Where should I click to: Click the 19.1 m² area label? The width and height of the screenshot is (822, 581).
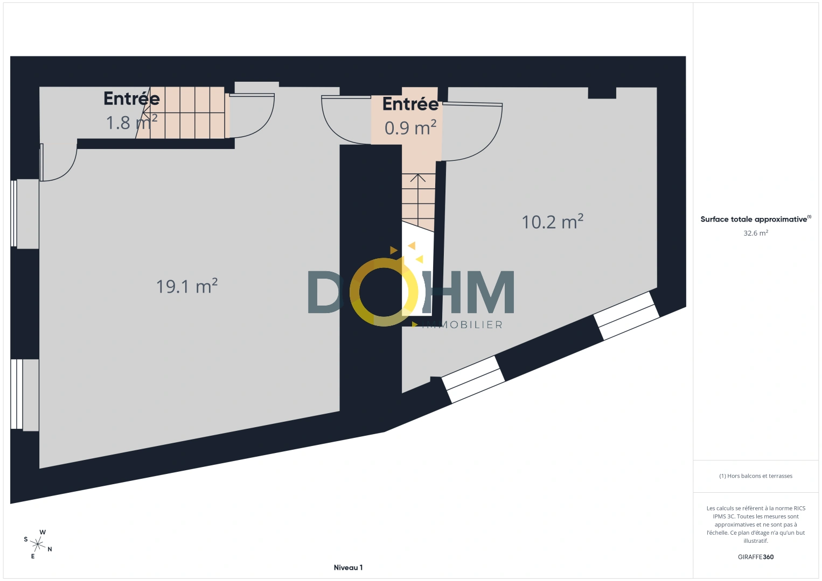coord(187,286)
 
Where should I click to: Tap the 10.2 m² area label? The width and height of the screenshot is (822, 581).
coord(552,222)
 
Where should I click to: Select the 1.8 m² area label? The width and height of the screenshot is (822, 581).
coord(132,122)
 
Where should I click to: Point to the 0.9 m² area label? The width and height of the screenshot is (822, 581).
coord(410,127)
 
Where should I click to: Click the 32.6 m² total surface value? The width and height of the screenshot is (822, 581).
coord(756,233)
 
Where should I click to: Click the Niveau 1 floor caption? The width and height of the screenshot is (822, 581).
coord(348,568)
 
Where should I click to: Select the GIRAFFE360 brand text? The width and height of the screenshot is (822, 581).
coord(756,557)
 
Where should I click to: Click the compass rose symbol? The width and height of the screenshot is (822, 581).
coord(37,545)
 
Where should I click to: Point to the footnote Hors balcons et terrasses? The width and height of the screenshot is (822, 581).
coord(756,476)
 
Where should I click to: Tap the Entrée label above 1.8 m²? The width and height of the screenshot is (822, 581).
coord(132,98)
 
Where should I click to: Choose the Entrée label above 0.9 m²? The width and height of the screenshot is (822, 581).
coord(410,104)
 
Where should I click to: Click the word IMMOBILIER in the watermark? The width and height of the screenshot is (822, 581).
coord(462,325)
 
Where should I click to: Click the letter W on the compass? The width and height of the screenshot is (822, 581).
coord(43,532)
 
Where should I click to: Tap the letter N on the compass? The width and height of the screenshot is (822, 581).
coord(50,549)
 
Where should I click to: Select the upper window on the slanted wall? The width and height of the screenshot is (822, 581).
coord(626,316)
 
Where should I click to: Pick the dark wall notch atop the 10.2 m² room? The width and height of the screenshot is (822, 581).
coord(602,93)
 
